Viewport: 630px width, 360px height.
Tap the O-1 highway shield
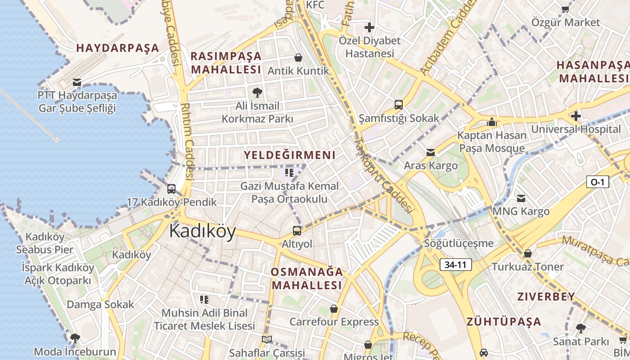(598, 182)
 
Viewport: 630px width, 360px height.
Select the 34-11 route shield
(455, 265)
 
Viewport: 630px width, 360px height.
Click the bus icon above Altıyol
(297, 231)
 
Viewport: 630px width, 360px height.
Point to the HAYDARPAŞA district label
(118, 48)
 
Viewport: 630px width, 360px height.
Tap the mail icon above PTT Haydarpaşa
(77, 82)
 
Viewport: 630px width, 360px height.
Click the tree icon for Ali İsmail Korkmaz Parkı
(257, 93)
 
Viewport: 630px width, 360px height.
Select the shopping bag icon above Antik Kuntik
(298, 58)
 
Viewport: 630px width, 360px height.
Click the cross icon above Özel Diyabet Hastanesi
(369, 27)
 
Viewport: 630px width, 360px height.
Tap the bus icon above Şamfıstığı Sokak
(399, 105)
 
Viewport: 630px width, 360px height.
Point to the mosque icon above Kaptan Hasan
(491, 122)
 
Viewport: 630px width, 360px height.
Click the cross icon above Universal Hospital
(576, 116)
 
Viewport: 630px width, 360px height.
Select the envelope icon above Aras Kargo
(431, 153)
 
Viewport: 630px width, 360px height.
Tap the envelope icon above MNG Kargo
(521, 198)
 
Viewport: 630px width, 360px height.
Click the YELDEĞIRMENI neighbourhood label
(290, 155)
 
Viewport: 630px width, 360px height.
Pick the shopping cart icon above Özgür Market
(566, 9)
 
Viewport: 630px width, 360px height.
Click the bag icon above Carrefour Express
(334, 309)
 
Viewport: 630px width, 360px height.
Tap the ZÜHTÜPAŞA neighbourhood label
(504, 322)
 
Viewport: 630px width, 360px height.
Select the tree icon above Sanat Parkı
(581, 328)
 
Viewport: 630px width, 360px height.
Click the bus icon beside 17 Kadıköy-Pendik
(171, 189)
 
